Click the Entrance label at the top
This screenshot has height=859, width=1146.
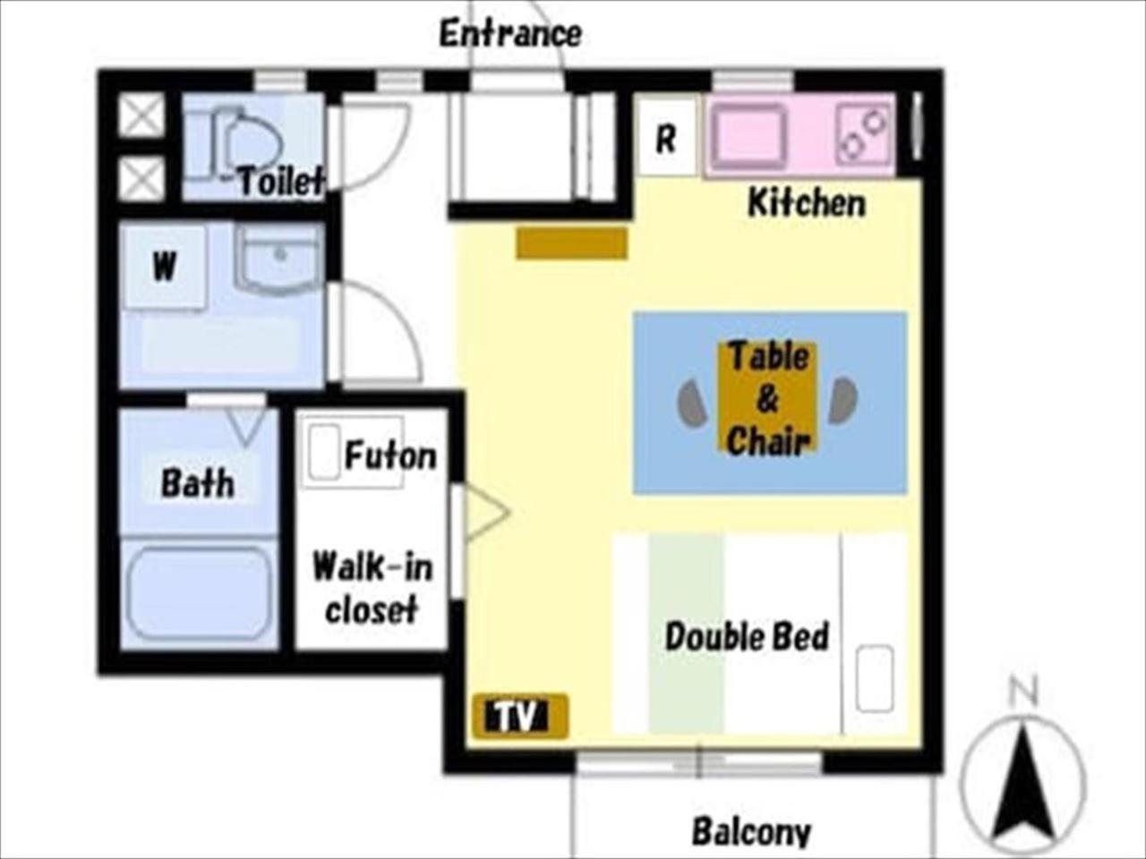510,34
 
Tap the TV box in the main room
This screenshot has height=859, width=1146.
519,716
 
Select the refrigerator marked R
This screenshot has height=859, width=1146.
666,137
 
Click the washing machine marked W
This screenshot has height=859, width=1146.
165,267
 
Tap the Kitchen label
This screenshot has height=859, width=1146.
807,203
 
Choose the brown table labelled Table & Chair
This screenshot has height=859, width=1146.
767,397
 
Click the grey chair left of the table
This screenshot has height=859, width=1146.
692,402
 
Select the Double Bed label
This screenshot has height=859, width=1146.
747,636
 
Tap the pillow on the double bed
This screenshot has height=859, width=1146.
875,678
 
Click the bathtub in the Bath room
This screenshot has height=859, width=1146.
199,592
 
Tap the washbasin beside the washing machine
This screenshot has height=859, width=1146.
278,259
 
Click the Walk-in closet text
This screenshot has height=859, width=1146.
372,587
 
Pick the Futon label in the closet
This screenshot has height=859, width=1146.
390,455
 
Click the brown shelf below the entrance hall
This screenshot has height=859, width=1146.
572,242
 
